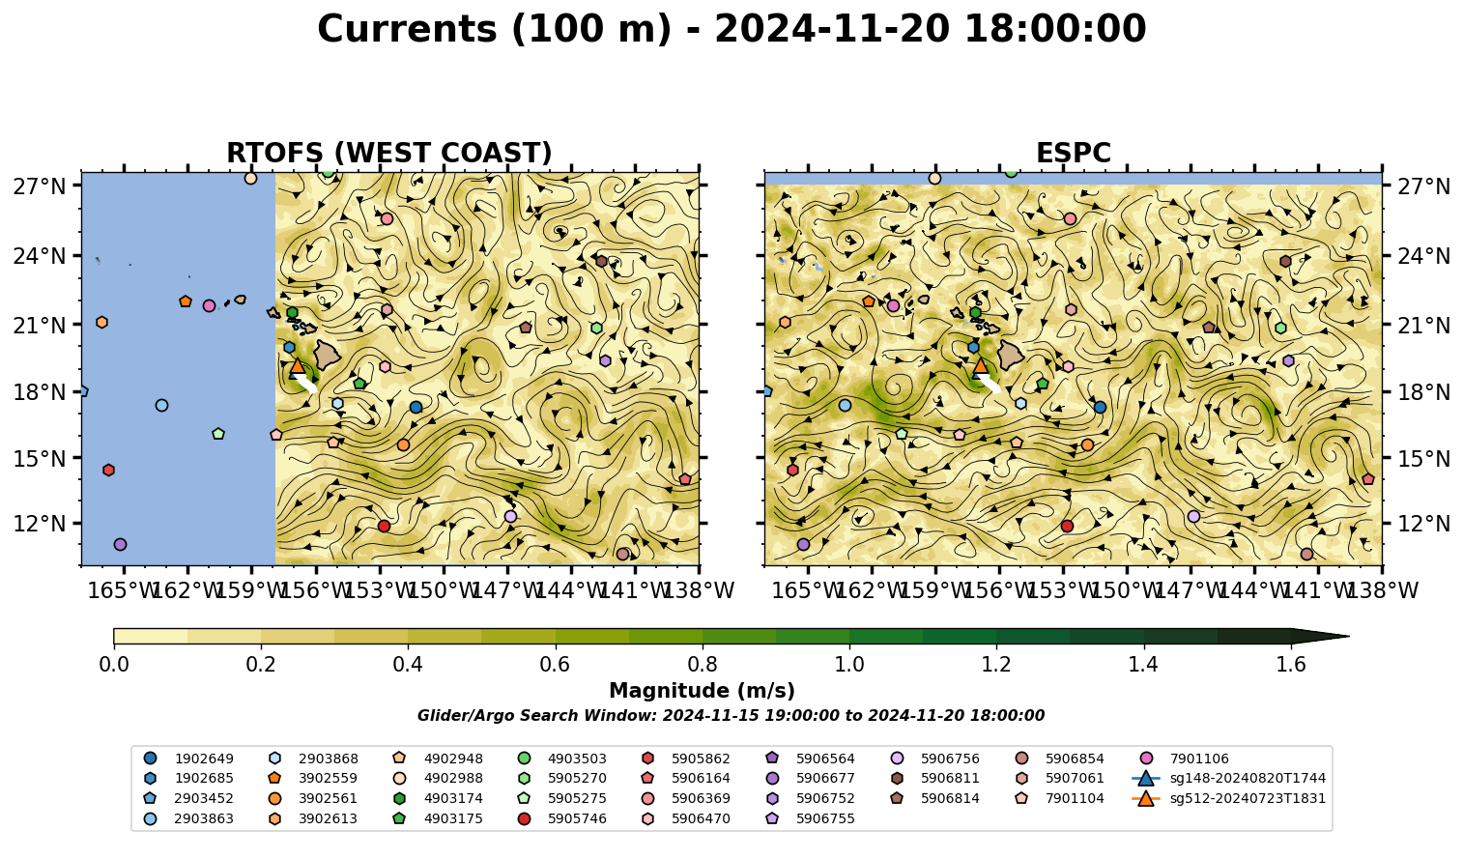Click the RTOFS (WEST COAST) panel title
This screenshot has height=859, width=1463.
tap(389, 153)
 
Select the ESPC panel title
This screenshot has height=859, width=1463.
tap(1073, 153)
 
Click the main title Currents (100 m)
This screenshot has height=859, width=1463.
tap(494, 29)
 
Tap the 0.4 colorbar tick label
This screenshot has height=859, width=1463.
tap(408, 665)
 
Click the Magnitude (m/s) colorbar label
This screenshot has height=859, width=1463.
tap(703, 691)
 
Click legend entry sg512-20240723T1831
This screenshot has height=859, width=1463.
tap(1229, 798)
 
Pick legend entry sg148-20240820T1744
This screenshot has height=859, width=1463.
tap(1229, 778)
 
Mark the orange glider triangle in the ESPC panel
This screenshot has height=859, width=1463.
tap(981, 366)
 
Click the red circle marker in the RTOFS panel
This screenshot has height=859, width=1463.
tap(384, 526)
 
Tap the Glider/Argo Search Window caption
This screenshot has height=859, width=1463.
tap(731, 716)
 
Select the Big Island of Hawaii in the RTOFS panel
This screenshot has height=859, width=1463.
tap(328, 354)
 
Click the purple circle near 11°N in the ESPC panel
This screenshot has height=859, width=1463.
tap(803, 544)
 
